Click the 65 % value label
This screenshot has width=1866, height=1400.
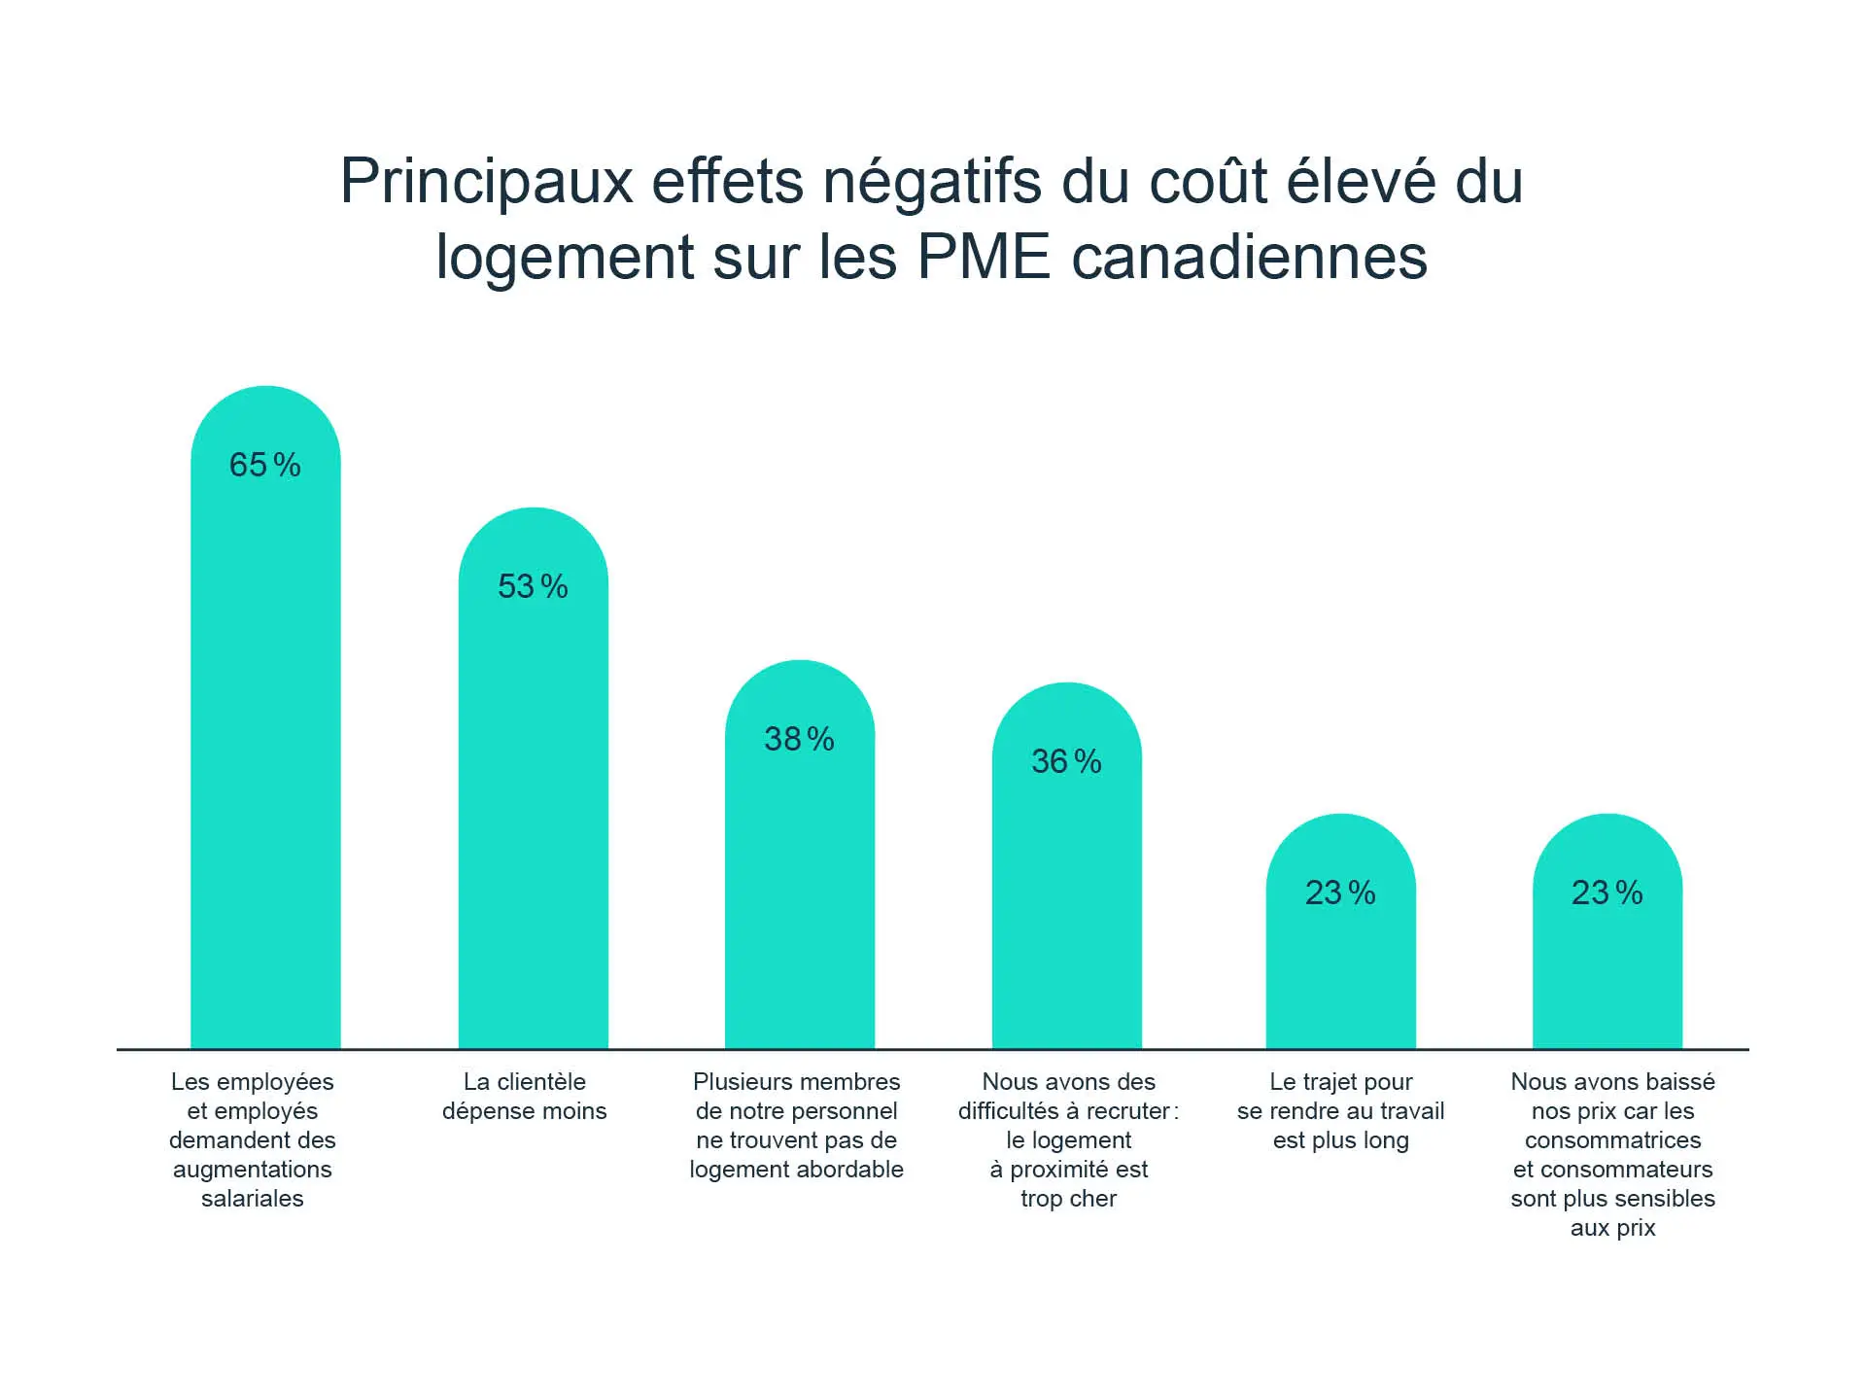[264, 465]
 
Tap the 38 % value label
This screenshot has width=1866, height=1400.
[799, 739]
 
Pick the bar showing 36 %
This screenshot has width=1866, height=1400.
[1066, 904]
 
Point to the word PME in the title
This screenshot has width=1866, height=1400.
[984, 257]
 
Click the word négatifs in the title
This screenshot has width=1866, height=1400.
[932, 181]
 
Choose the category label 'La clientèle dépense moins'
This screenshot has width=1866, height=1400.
[525, 1096]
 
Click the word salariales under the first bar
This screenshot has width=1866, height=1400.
[253, 1198]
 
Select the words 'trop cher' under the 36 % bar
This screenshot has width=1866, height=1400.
[1068, 1198]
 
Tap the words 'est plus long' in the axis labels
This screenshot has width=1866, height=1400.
[1340, 1139]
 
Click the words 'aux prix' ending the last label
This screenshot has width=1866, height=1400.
[1612, 1227]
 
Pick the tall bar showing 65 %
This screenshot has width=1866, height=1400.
[265, 758]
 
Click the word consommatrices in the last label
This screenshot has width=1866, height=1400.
[1612, 1139]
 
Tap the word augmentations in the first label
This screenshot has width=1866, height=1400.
[253, 1169]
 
